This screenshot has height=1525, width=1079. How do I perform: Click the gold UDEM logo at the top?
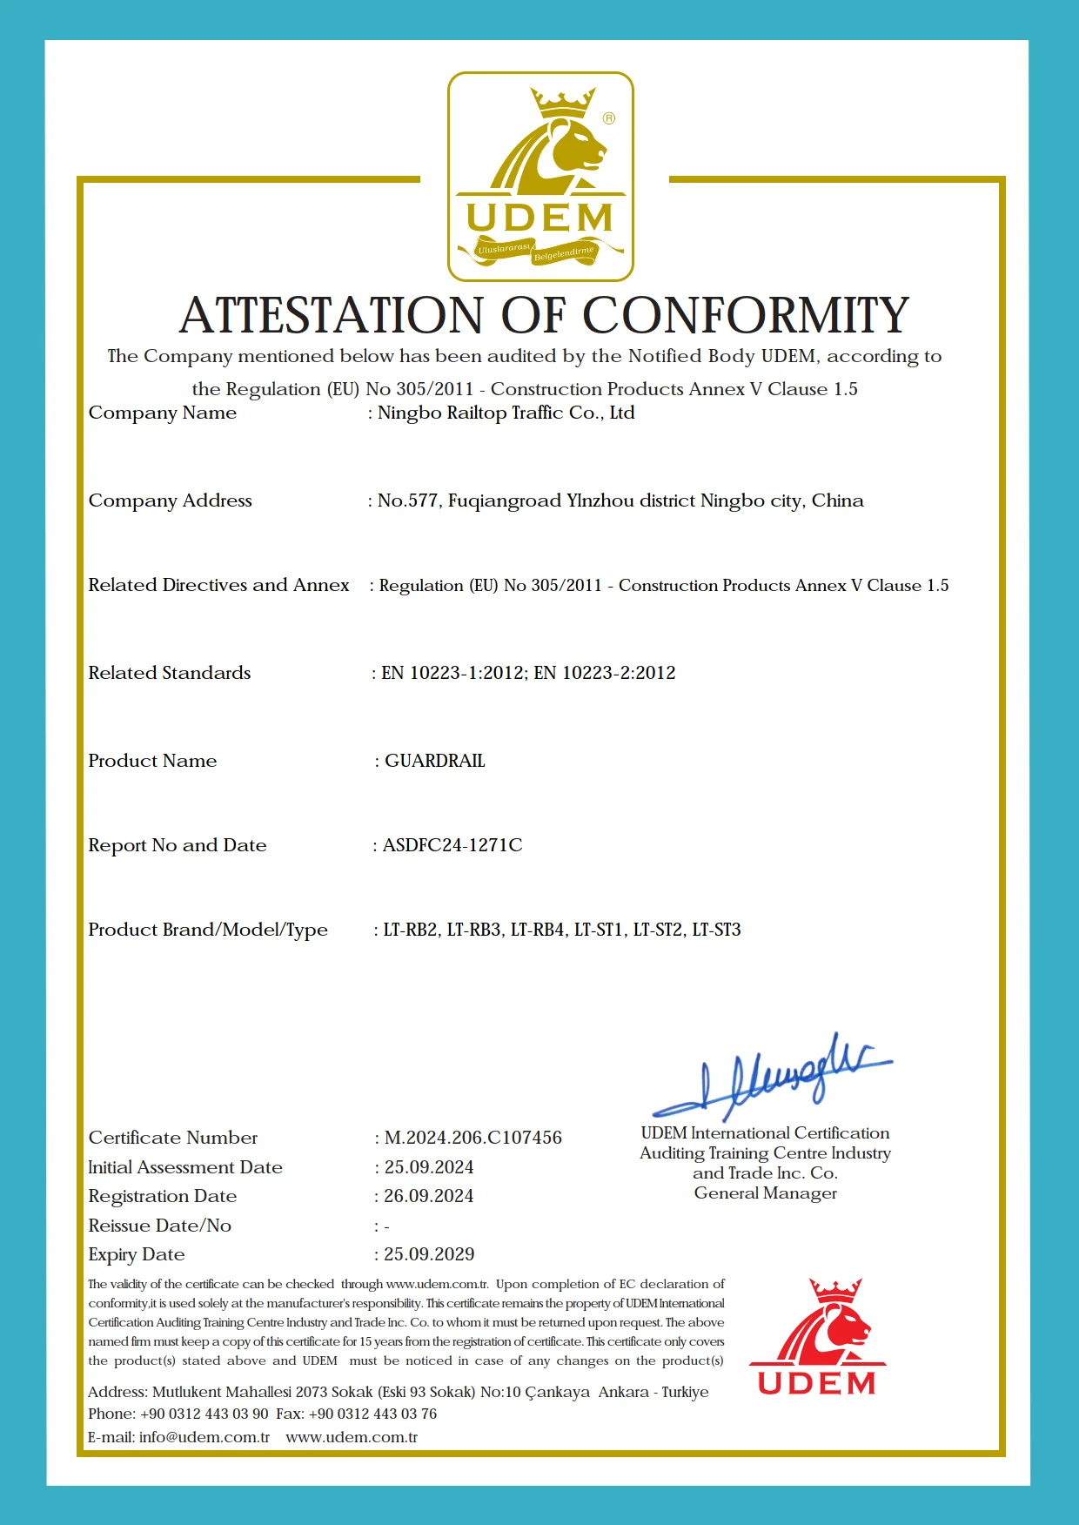tap(540, 177)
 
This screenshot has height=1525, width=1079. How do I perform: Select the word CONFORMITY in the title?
tap(746, 315)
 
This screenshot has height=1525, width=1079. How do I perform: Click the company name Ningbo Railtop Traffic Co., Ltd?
tap(506, 413)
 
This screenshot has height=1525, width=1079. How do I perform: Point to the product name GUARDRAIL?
tap(435, 761)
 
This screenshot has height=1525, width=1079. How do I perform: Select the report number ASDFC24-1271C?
tap(452, 845)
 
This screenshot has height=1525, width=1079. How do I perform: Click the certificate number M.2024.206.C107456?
tap(473, 1138)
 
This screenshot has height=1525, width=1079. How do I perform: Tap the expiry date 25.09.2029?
tap(429, 1254)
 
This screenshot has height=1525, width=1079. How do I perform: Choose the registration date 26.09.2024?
tap(429, 1196)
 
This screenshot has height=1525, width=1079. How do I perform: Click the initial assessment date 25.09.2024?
tap(429, 1167)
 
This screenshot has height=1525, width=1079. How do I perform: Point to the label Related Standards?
tap(170, 673)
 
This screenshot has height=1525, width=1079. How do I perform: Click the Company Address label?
tap(171, 500)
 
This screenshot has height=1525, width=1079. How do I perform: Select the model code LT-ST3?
tap(716, 930)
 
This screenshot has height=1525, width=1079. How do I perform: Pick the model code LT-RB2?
tap(411, 930)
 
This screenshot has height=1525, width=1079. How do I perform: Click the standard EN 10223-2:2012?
tap(605, 673)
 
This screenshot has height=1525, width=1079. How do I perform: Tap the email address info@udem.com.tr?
tap(204, 1437)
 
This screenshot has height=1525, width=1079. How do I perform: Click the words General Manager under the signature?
tap(766, 1193)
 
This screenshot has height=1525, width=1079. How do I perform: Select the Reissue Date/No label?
tap(160, 1226)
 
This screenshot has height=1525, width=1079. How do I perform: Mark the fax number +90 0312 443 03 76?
tap(372, 1414)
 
